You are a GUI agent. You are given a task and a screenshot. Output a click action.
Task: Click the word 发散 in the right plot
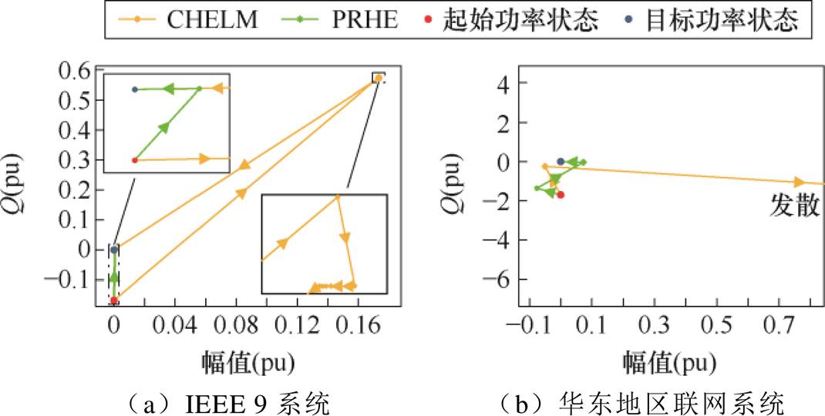coord(795,205)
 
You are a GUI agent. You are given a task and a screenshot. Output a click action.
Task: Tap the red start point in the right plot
coord(561,195)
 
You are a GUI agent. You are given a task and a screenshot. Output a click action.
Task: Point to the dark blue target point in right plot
coord(561,161)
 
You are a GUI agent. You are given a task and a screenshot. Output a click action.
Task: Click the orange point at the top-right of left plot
coord(378,78)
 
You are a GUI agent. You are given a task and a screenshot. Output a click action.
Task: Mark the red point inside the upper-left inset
coord(135,160)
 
